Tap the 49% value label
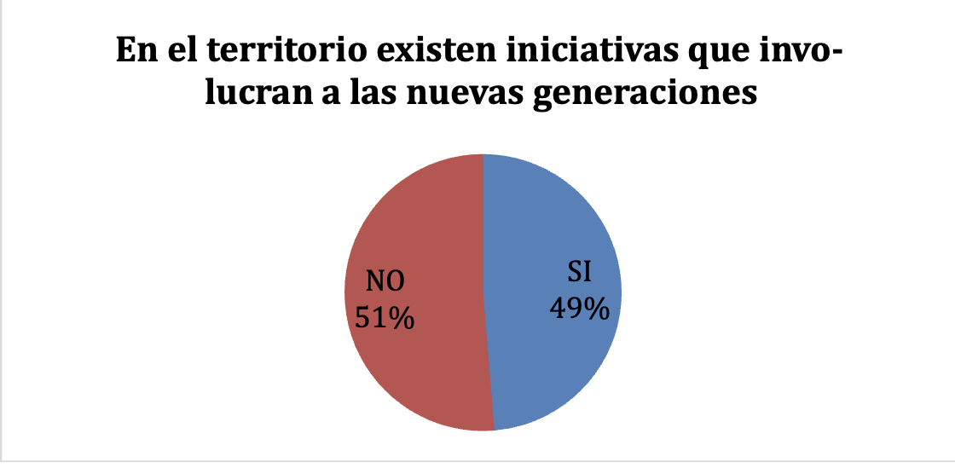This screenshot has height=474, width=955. [x=579, y=308]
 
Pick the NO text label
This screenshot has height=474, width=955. [x=385, y=282]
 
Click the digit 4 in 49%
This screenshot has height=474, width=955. [x=559, y=308]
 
